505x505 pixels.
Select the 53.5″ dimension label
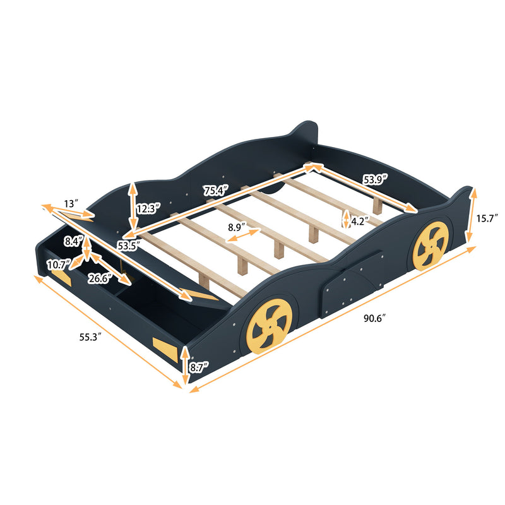tap(128, 245)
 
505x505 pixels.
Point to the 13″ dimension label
tap(71, 203)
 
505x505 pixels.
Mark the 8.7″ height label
tap(199, 365)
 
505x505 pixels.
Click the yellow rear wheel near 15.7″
tap(431, 245)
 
